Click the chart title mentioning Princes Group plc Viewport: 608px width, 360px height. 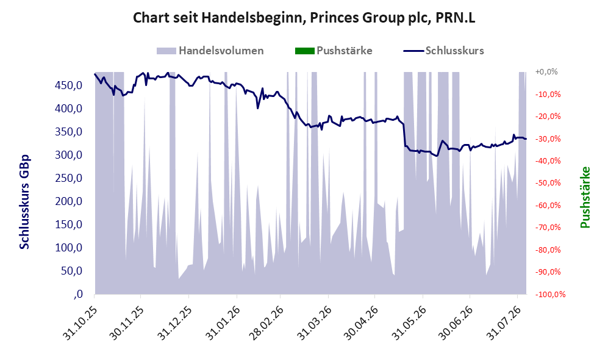pyautogui.click(x=304, y=18)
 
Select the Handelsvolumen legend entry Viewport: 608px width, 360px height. pyautogui.click(x=210, y=51)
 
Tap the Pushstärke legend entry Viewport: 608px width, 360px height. pyautogui.click(x=334, y=51)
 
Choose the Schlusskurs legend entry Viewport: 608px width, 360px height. pyautogui.click(x=443, y=51)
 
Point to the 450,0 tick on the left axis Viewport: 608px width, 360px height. pyautogui.click(x=69, y=85)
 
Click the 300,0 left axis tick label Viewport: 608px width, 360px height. pyautogui.click(x=69, y=155)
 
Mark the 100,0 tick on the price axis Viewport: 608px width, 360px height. pyautogui.click(x=69, y=248)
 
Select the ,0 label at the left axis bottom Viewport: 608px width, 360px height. pyautogui.click(x=77, y=294)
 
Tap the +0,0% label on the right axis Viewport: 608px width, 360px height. pyautogui.click(x=546, y=72)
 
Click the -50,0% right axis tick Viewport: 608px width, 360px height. pyautogui.click(x=548, y=182)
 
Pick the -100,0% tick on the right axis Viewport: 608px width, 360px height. pyautogui.click(x=550, y=294)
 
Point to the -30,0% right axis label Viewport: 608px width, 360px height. pyautogui.click(x=548, y=139)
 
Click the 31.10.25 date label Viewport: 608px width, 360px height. pyautogui.click(x=80, y=323)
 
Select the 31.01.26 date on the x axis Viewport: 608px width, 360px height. pyautogui.click(x=222, y=323)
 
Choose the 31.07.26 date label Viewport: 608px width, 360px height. pyautogui.click(x=503, y=323)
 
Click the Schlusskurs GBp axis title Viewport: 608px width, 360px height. pyautogui.click(x=25, y=202)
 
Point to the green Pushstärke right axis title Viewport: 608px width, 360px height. pyautogui.click(x=585, y=197)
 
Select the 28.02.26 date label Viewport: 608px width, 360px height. pyautogui.click(x=266, y=323)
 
